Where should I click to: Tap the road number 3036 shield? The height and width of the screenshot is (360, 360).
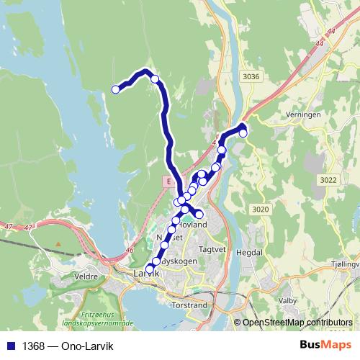(251, 76)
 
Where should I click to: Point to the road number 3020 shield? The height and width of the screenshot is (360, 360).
(261, 209)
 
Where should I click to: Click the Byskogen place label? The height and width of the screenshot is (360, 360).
(179, 262)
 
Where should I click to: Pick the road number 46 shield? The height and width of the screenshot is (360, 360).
(130, 250)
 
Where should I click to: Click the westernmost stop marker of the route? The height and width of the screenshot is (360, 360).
(115, 89)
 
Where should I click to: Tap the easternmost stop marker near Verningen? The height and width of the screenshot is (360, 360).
(243, 132)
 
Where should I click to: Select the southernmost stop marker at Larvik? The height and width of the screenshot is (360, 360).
(150, 269)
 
